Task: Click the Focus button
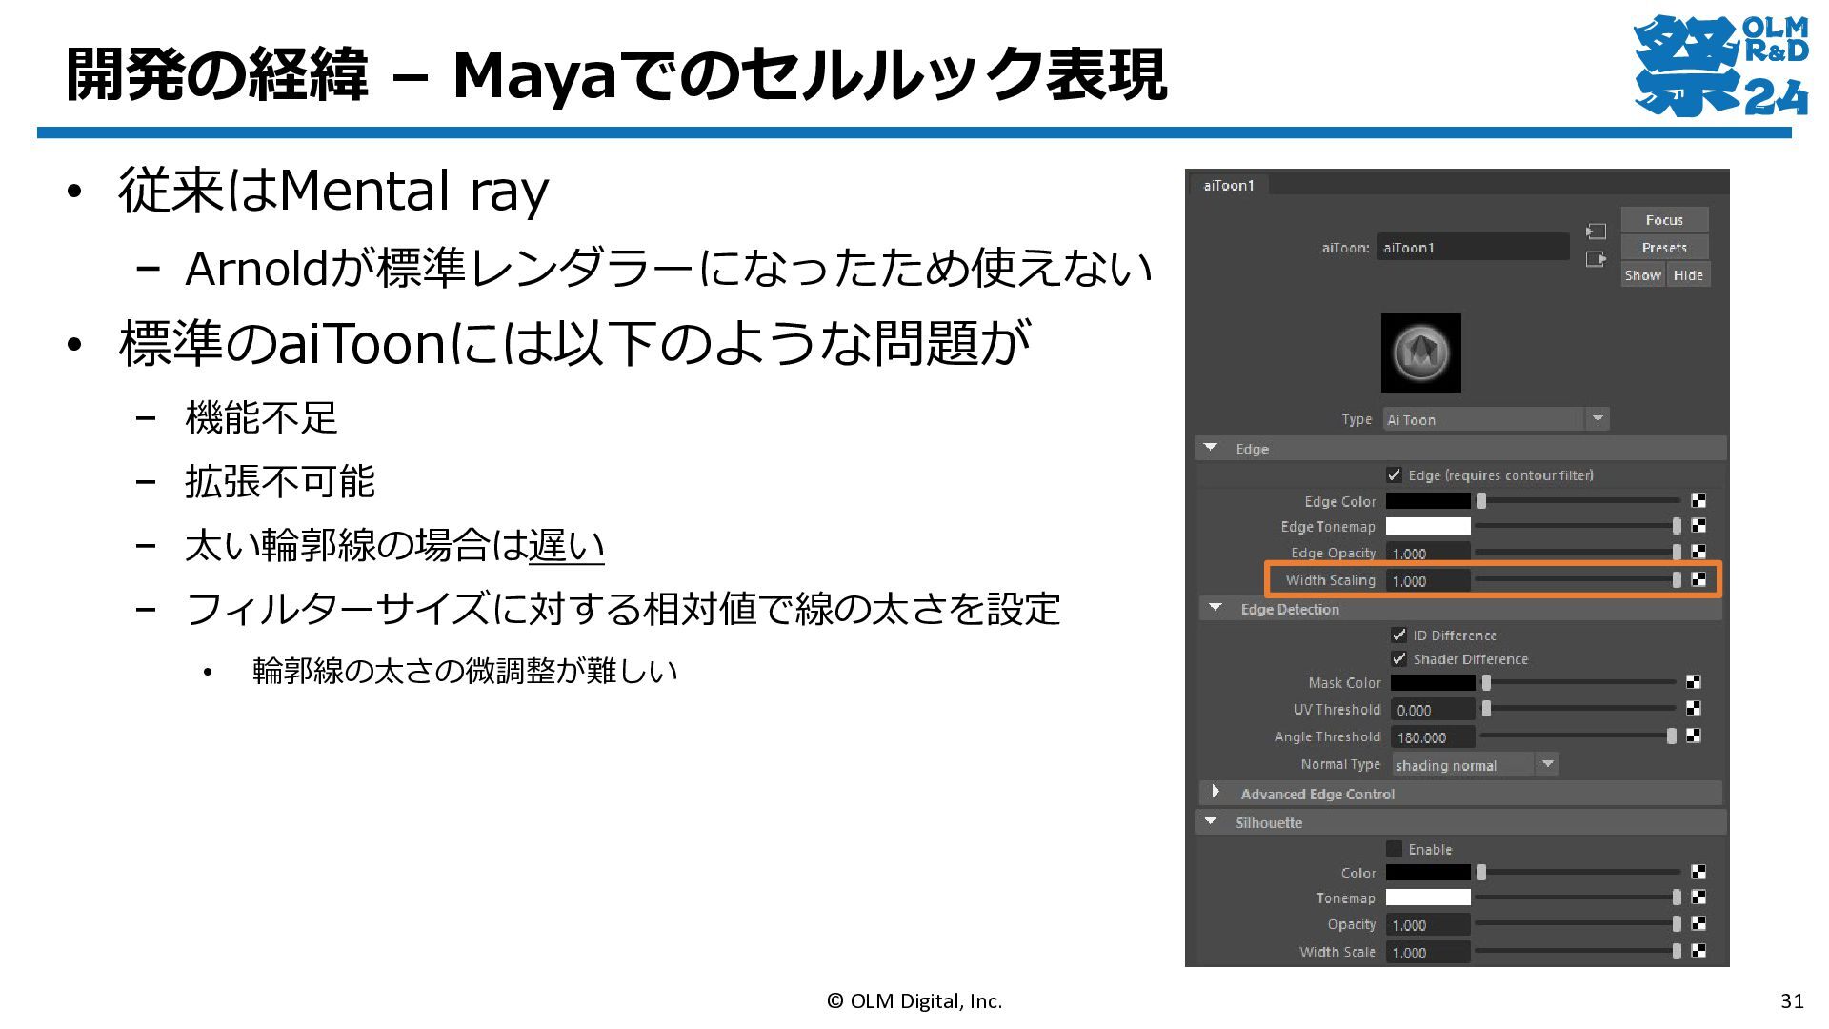tap(1664, 220)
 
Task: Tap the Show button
tap(1642, 275)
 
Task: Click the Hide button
tap(1688, 275)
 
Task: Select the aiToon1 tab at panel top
tap(1229, 186)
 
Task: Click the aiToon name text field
tap(1473, 248)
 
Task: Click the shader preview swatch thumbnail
tap(1420, 353)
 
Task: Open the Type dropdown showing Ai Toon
tap(1496, 419)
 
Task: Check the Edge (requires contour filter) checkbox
tap(1395, 474)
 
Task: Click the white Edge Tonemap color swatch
tap(1428, 526)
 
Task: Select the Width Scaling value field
tap(1428, 580)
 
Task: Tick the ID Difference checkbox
tap(1399, 635)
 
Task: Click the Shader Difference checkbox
tap(1399, 658)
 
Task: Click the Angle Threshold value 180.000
tap(1433, 737)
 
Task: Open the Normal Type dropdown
tap(1475, 765)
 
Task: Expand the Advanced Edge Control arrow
tap(1216, 792)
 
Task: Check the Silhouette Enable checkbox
tap(1395, 848)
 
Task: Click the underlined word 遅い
tap(567, 545)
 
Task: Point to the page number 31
tap(1792, 1000)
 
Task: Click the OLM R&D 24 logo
tap(1720, 65)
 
